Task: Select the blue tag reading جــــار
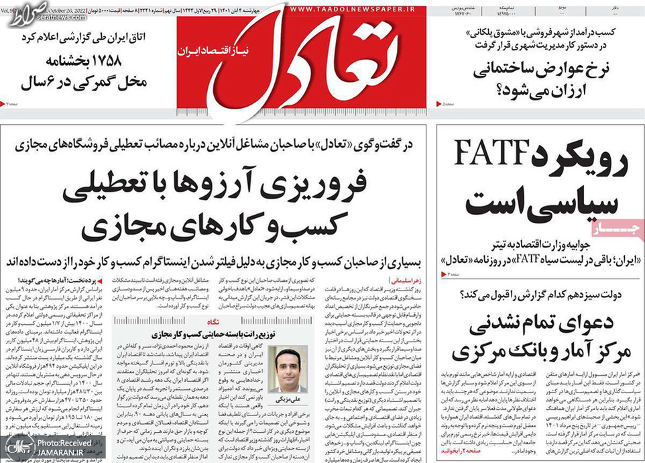pyautogui.click(x=626, y=230)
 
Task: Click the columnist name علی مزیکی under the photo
pyautogui.click(x=290, y=400)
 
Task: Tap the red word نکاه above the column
pyautogui.click(x=230, y=321)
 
